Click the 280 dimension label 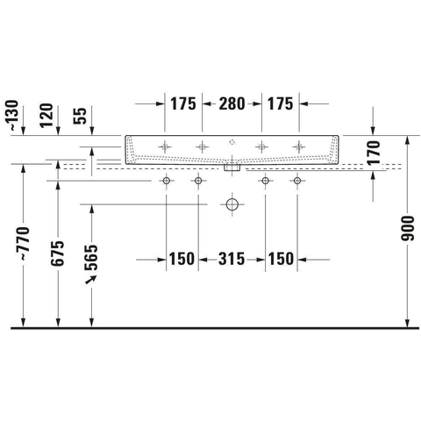click(232, 104)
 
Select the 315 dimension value click(232, 259)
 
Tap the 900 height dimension click(408, 229)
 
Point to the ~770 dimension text click(24, 243)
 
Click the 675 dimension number click(57, 253)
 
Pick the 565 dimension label click(91, 257)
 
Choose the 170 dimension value click(374, 153)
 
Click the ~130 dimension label click(13, 116)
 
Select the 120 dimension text click(46, 116)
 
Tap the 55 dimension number click(81, 116)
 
